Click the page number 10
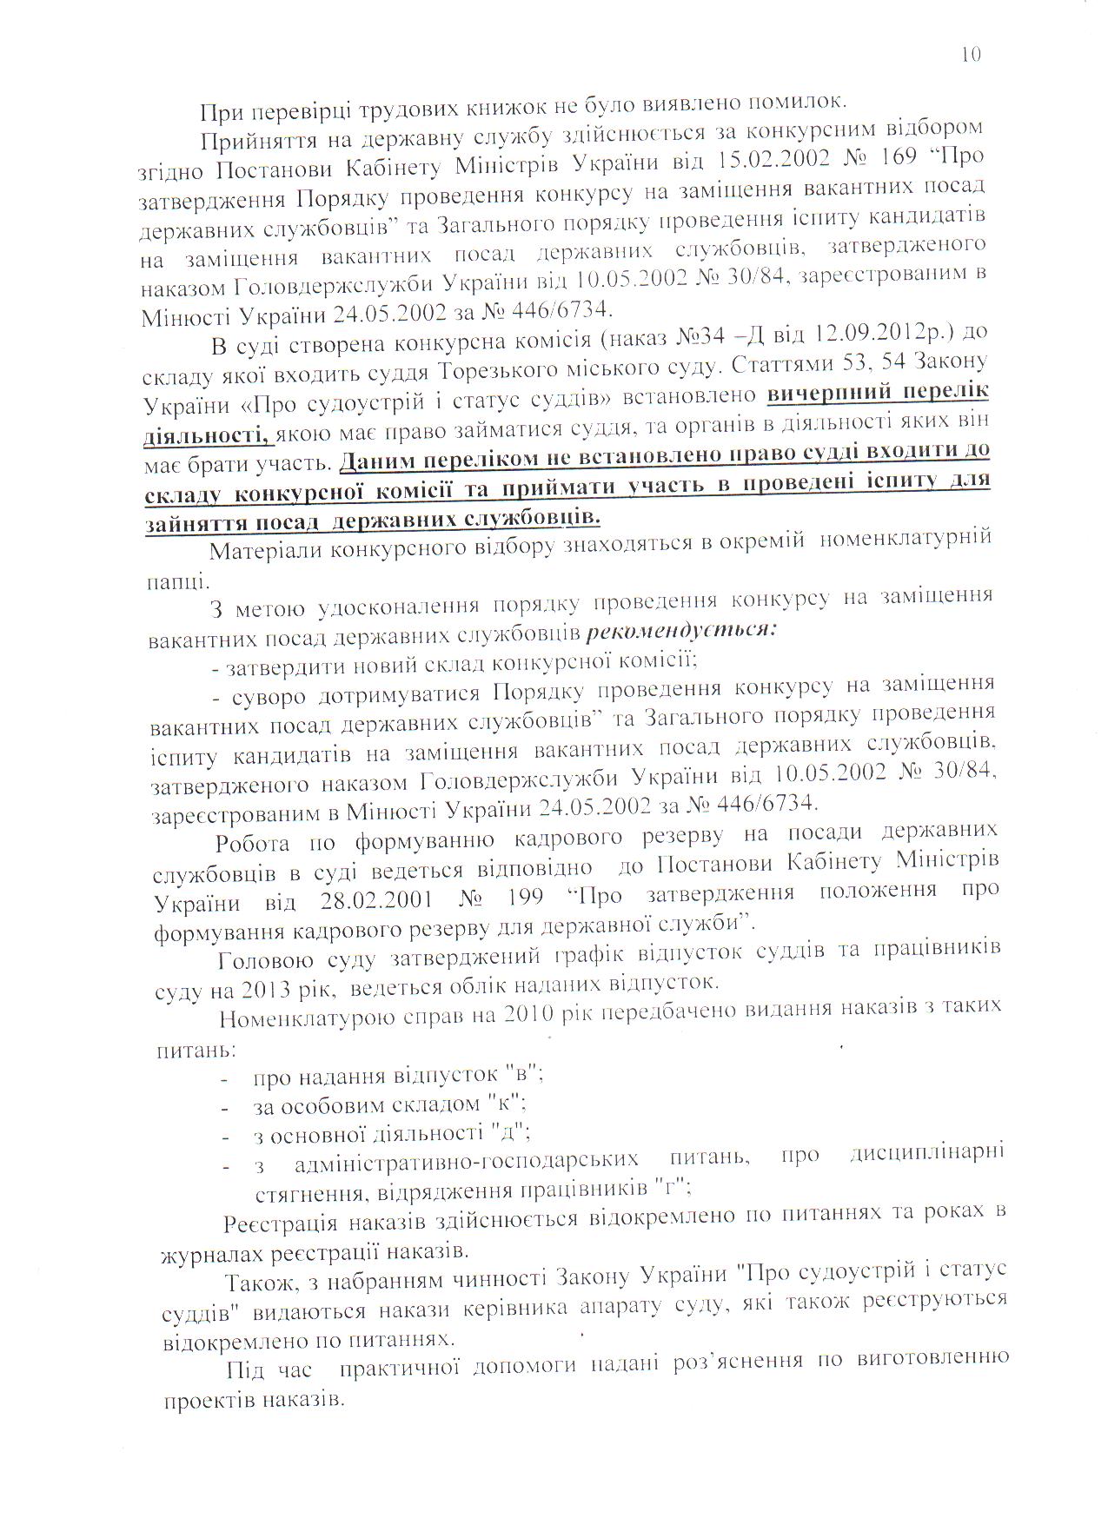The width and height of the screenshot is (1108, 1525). (971, 54)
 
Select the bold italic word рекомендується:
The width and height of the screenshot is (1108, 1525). (682, 633)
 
